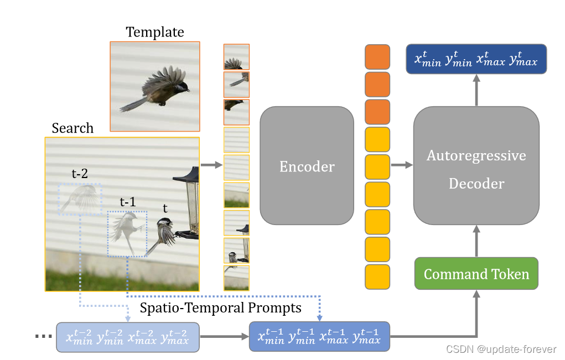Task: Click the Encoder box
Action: coord(307,166)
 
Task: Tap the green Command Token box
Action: coord(476,274)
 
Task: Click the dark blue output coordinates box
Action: coord(476,59)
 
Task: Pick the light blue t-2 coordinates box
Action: coord(127,336)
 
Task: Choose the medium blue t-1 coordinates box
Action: coord(320,336)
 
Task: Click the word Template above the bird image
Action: coord(154,32)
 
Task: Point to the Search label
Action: coord(72,128)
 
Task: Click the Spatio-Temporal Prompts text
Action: coord(221,307)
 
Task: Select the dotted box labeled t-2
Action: coord(80,199)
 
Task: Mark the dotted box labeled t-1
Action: coord(127,233)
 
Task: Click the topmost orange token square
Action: coord(377,57)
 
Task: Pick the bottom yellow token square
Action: coord(377,276)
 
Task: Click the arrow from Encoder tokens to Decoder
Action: coord(402,165)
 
